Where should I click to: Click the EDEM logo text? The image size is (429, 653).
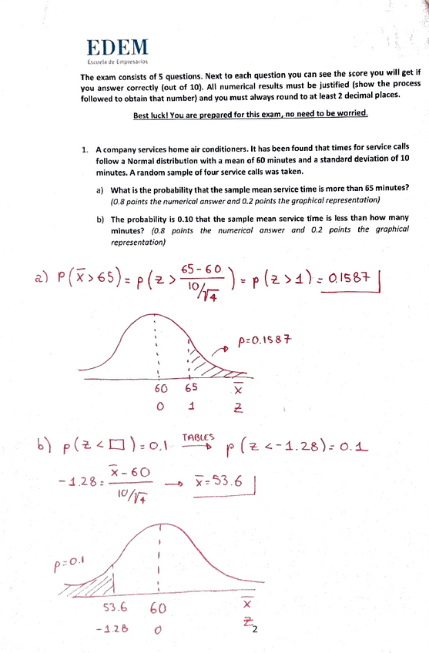(119, 47)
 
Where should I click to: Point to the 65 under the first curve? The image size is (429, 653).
(191, 388)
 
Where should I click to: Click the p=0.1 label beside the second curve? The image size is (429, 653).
(68, 565)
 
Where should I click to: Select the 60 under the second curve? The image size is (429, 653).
(158, 609)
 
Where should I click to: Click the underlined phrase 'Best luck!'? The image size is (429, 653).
(152, 116)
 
